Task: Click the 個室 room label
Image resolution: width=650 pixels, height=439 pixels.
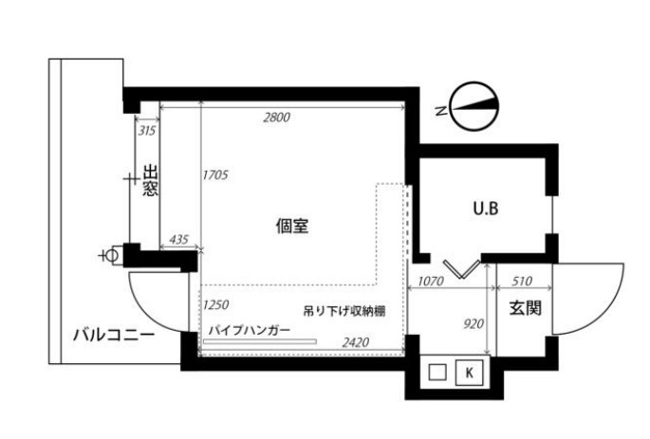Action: (292, 226)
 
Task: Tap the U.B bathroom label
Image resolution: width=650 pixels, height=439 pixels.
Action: (486, 209)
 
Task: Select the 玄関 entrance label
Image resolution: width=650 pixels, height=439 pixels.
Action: (526, 308)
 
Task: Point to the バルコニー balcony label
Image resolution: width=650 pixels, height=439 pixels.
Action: (114, 334)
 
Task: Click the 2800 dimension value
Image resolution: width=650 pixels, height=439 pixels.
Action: (277, 118)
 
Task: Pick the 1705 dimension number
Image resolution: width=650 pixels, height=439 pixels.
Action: (215, 175)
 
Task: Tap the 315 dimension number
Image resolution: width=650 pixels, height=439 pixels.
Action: (147, 131)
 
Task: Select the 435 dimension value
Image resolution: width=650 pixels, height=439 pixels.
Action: (179, 239)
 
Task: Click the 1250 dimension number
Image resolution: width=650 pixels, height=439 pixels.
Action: (215, 305)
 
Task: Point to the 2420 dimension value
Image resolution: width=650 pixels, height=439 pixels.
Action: (355, 342)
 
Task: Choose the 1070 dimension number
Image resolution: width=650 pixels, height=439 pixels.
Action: (431, 282)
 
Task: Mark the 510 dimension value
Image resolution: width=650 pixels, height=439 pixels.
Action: (522, 282)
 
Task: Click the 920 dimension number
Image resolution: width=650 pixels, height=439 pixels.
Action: (474, 323)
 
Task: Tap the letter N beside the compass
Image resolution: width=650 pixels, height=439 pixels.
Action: (441, 111)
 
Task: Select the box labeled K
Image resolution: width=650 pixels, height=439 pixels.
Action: (470, 373)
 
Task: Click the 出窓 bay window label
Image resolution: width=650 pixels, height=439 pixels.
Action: (151, 180)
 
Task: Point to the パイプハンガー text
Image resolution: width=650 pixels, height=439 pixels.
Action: (250, 331)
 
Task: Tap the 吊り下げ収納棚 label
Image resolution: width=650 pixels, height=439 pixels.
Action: (344, 311)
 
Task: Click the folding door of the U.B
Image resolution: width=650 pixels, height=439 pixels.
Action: (461, 269)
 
